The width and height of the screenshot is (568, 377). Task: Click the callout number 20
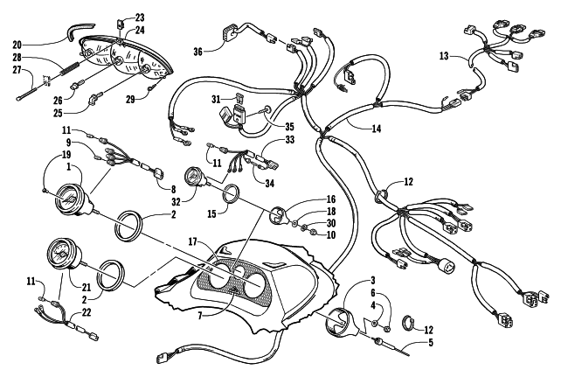[x=17, y=43]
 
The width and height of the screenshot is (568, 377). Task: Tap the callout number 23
[x=142, y=17]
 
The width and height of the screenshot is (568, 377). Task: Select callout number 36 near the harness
[x=198, y=52]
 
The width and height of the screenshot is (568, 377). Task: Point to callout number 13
[x=443, y=57]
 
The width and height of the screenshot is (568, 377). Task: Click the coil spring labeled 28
[x=71, y=61]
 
